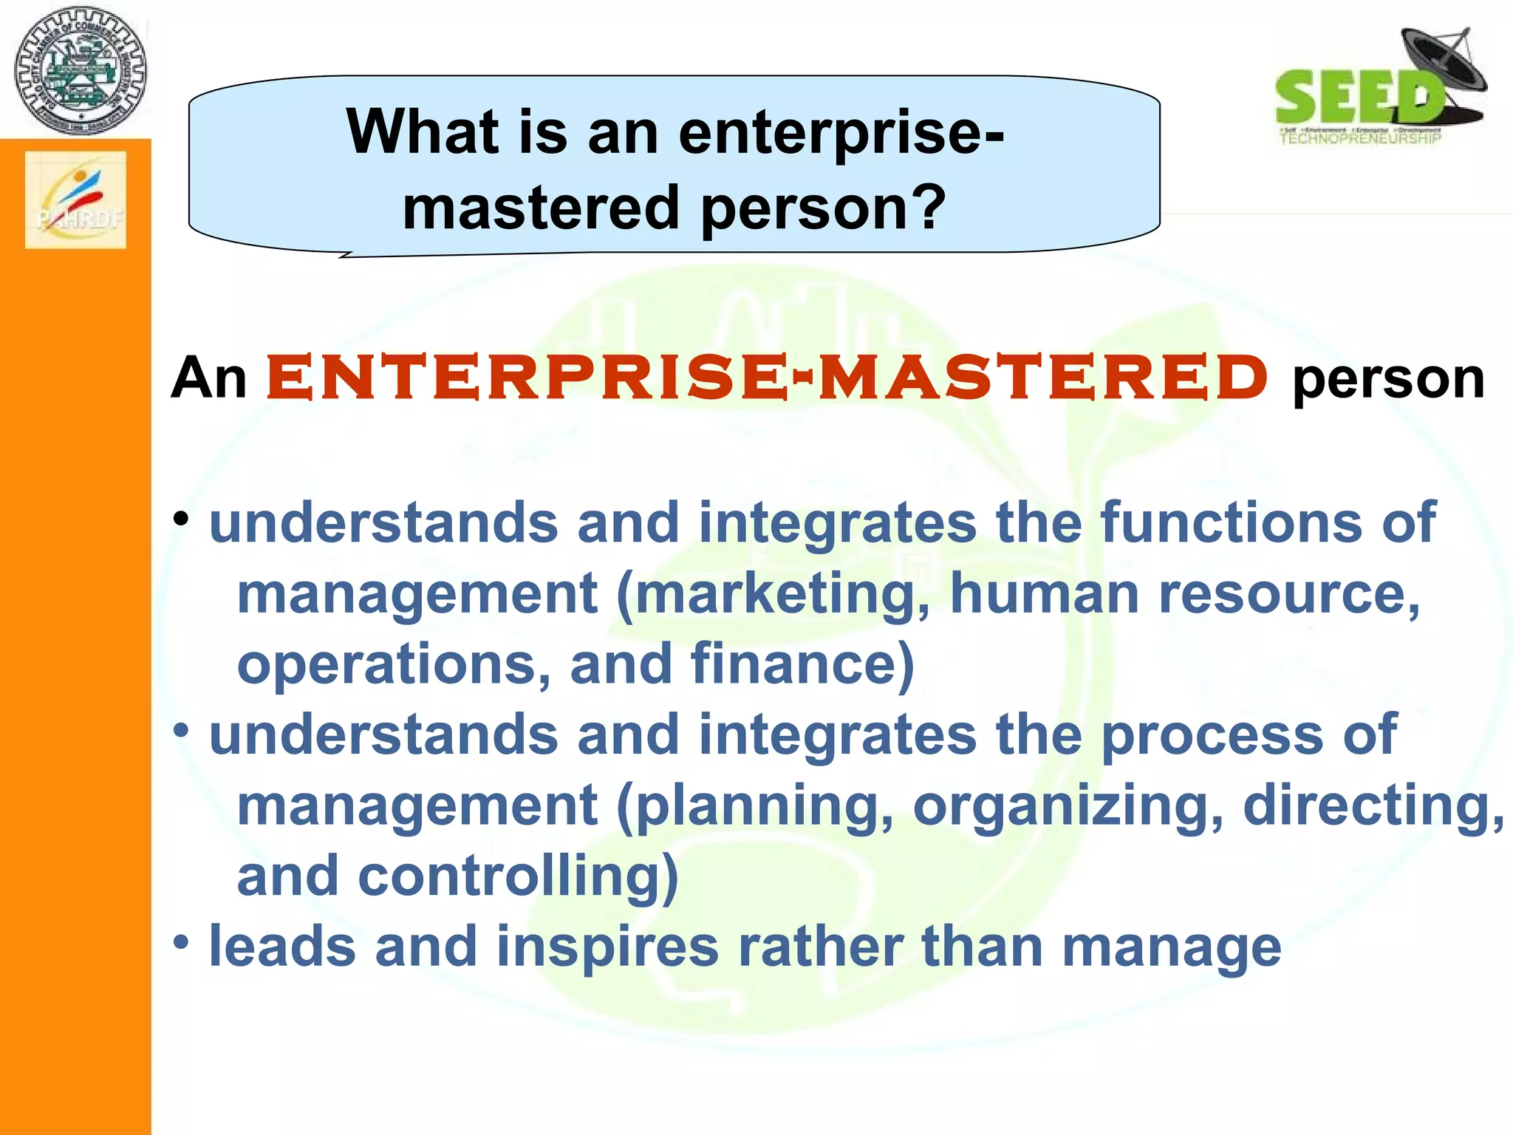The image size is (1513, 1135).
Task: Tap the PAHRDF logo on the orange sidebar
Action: (75, 200)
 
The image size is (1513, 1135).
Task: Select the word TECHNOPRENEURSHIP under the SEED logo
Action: (1360, 138)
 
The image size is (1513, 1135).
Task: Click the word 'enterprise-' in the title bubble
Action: (841, 133)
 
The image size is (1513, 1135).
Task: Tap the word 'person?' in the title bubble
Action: (822, 208)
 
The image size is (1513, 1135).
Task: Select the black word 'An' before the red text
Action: (209, 378)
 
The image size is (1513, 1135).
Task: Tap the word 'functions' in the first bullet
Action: (1231, 522)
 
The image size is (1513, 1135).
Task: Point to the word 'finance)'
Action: (802, 664)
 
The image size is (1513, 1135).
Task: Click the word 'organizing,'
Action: (1068, 806)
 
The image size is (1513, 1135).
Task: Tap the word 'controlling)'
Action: (518, 876)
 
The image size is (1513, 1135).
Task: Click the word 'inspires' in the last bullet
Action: (607, 947)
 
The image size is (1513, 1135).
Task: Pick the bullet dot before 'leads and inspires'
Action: (182, 942)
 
